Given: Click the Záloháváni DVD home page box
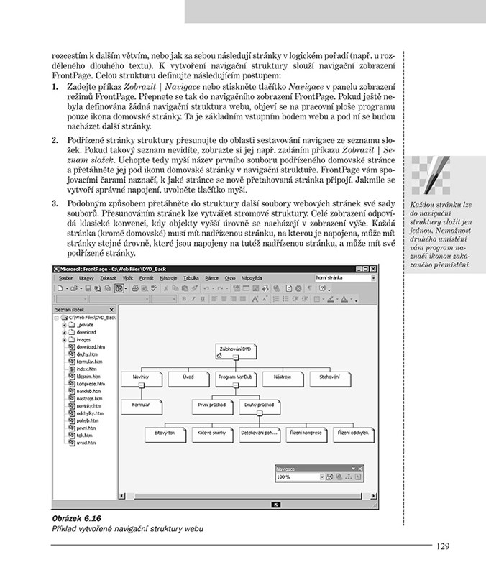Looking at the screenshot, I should coord(234,349).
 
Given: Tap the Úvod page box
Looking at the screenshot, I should coord(188,377).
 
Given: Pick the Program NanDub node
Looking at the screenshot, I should coord(234,377).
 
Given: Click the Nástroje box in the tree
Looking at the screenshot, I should coord(283,377).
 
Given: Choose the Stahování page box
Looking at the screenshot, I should coord(330,377).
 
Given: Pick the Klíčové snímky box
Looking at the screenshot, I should coord(211,433).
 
